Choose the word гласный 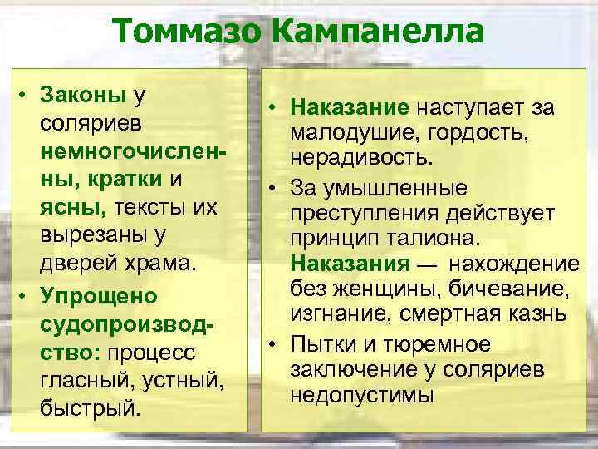79,381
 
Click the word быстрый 90,409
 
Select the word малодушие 351,133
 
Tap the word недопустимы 362,394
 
